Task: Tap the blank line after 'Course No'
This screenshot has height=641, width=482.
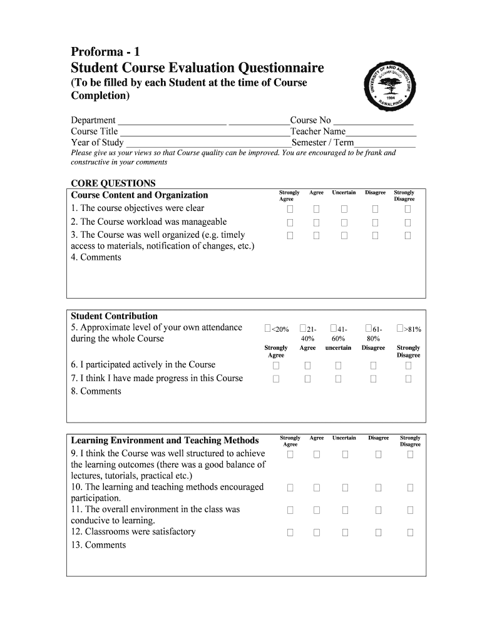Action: tap(373, 121)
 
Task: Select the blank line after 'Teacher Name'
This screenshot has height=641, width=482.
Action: tap(381, 132)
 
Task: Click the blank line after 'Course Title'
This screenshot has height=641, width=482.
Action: tap(205, 132)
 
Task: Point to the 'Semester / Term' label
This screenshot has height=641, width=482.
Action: tap(318, 143)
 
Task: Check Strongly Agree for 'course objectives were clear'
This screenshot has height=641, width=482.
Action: tap(290, 208)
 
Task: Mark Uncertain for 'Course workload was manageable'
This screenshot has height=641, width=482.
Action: tap(344, 222)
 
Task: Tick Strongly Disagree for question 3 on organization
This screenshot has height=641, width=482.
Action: tap(408, 235)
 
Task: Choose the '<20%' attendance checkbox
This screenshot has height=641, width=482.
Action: tap(268, 328)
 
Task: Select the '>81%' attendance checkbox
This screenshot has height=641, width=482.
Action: tap(400, 328)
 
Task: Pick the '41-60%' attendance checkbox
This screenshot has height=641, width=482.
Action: tap(333, 328)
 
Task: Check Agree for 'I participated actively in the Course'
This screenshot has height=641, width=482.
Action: tap(308, 365)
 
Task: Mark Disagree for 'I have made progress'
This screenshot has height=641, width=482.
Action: tap(374, 379)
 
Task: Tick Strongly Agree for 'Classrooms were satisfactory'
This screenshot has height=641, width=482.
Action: tap(290, 532)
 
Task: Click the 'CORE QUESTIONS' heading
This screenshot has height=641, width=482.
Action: tap(113, 183)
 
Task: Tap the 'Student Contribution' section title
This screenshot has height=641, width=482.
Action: tap(114, 316)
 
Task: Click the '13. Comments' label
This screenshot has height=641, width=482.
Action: tap(98, 545)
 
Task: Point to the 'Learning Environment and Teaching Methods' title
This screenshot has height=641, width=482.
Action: tap(165, 440)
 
